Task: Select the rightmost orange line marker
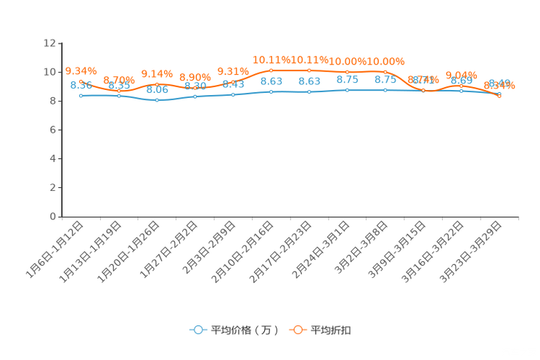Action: tap(499, 97)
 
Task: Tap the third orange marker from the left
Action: tap(157, 84)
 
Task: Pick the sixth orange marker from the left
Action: tap(271, 70)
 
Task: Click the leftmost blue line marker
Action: tap(81, 96)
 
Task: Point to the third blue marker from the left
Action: tap(157, 100)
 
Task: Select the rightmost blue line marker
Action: tap(499, 94)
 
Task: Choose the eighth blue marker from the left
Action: tap(347, 90)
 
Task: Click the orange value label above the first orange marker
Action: tap(81, 70)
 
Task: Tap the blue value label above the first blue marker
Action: tap(81, 85)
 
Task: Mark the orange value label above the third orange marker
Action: tap(157, 73)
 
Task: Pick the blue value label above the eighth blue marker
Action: tap(347, 80)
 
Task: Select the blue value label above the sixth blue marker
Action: tap(271, 81)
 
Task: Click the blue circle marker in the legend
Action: tap(198, 330)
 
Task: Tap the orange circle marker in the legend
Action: tap(298, 330)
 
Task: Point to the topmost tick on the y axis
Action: tap(58, 44)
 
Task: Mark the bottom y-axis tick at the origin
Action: tap(58, 216)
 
